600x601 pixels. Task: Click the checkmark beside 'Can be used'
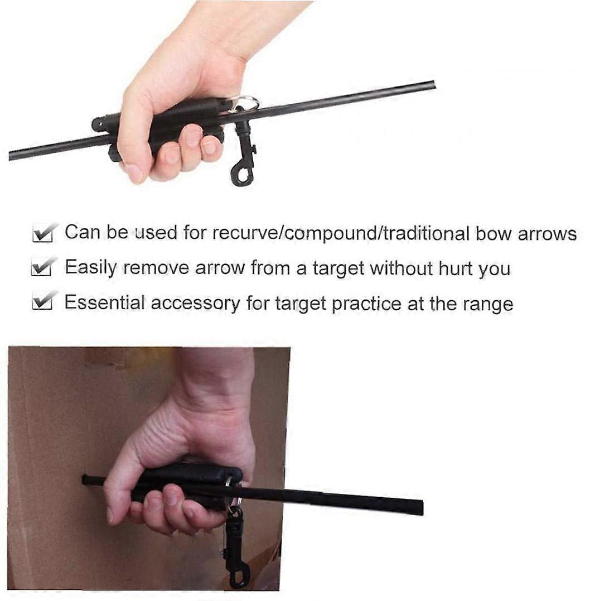click(x=45, y=232)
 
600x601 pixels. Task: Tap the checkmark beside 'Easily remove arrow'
click(x=43, y=266)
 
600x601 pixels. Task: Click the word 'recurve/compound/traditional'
click(x=341, y=233)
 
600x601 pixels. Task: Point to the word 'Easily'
click(x=90, y=268)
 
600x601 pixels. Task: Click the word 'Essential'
click(x=104, y=302)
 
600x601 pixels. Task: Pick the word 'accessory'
click(x=195, y=303)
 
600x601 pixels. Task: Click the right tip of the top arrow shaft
click(x=434, y=84)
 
